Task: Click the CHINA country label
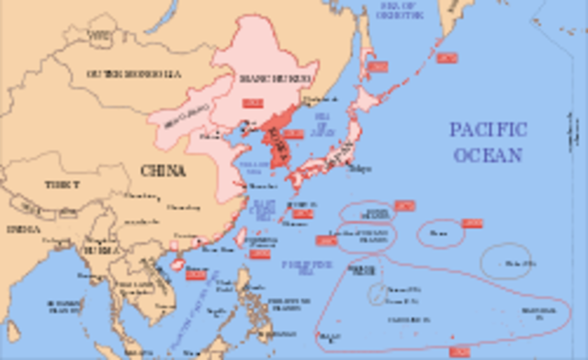[x=163, y=171]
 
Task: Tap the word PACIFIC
[x=489, y=129]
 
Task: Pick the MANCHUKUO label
[x=279, y=78]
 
